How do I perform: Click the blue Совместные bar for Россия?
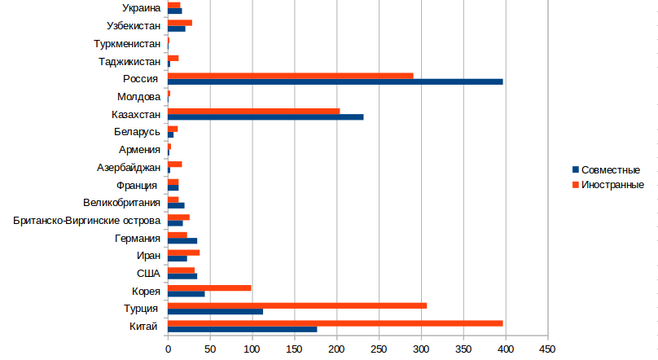335,81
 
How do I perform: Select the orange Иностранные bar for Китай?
335,323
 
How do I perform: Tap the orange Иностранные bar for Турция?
297,305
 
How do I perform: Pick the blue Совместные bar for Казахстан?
265,116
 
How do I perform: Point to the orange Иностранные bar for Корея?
209,288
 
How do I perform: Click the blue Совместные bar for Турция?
215,311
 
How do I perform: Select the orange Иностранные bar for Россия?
290,76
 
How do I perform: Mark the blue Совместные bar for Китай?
242,329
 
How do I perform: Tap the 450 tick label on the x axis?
547,349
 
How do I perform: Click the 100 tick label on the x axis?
252,349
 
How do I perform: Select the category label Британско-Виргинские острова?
86,220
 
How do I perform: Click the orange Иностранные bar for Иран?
183,252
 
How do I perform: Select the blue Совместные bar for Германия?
182,240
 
